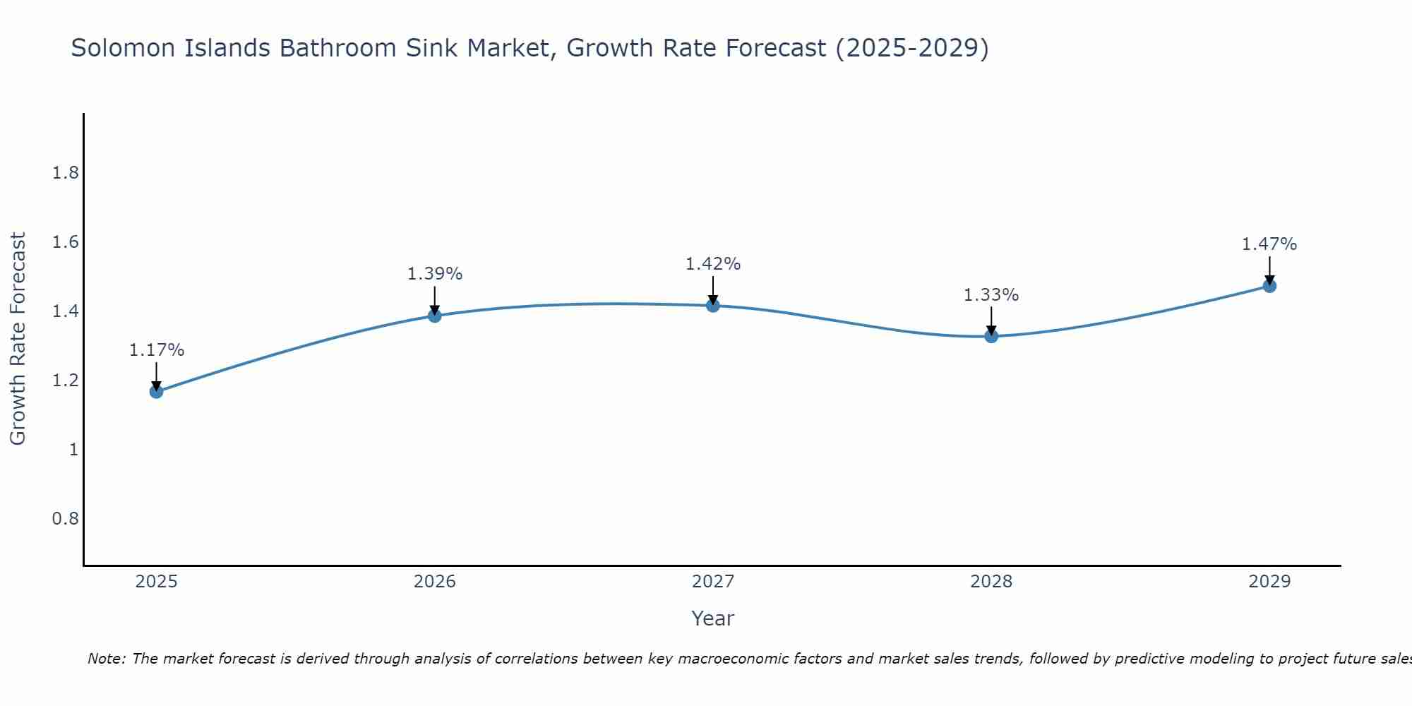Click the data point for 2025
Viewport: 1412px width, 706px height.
point(157,392)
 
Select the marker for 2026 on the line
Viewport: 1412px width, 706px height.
point(435,316)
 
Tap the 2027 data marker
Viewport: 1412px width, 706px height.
point(713,306)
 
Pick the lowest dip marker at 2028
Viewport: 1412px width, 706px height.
point(991,336)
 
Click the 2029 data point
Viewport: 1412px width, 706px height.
point(1269,286)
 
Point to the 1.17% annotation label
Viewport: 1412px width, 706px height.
point(157,350)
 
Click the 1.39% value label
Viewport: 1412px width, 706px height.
point(435,274)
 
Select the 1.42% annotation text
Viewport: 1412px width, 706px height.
point(713,264)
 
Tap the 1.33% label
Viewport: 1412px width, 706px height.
point(991,295)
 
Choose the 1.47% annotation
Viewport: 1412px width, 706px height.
point(1269,244)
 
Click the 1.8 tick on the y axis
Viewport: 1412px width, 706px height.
point(66,173)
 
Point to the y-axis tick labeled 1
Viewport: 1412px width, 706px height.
point(73,449)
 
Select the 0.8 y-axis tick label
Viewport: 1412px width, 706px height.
point(66,518)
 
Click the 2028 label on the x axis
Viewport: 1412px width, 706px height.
point(991,582)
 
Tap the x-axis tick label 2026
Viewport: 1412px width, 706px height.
point(435,582)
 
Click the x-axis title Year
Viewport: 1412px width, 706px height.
point(713,618)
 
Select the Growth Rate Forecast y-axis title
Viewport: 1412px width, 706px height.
point(18,339)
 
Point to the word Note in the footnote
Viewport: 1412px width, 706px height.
point(106,659)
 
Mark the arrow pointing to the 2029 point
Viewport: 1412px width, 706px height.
point(1269,270)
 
